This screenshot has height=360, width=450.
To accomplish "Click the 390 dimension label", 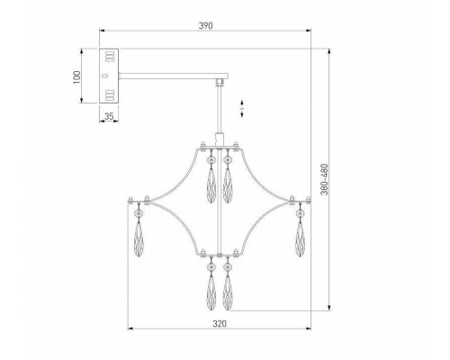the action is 206,25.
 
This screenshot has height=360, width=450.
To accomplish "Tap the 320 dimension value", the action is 220,324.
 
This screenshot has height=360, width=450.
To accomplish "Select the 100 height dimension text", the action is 77,77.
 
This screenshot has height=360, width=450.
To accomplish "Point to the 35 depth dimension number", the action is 109,116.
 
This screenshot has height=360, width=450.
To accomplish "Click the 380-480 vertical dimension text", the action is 324,179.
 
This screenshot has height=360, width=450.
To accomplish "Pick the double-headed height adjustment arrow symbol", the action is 242,109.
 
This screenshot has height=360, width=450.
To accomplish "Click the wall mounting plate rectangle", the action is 109,76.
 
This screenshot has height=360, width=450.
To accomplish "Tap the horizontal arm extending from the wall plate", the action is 174,76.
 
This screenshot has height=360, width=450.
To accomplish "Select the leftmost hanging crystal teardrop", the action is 139,239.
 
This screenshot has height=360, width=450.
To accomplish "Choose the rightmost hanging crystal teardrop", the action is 300,239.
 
